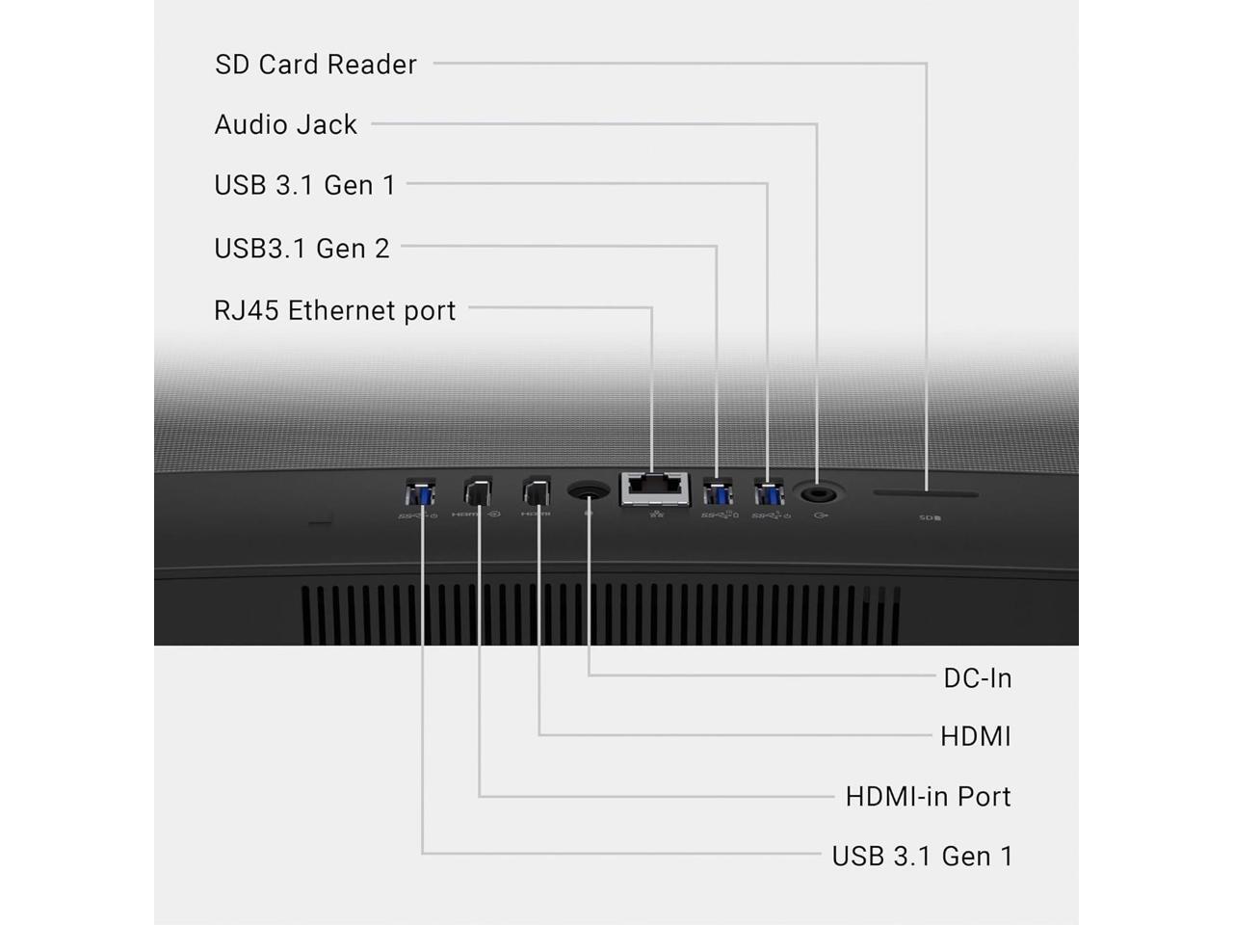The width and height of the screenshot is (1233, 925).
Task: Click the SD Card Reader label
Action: (x=315, y=65)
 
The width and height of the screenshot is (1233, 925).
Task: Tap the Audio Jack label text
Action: (x=285, y=125)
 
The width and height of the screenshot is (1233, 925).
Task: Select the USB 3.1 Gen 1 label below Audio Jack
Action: (x=304, y=185)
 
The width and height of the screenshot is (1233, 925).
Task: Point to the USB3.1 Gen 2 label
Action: (x=302, y=249)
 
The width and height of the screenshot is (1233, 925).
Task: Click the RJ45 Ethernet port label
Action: (x=334, y=310)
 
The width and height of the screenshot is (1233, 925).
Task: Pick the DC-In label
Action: (x=977, y=678)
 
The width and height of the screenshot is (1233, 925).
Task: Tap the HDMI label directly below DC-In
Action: (x=975, y=737)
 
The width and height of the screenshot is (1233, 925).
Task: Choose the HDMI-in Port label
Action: (x=928, y=797)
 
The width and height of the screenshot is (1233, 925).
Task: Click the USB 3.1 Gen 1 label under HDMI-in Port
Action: (x=922, y=857)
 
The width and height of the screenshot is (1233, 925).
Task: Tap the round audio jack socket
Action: (x=818, y=493)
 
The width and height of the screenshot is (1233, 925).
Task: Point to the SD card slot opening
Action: (x=926, y=494)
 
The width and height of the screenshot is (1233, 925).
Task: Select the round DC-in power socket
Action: (x=589, y=491)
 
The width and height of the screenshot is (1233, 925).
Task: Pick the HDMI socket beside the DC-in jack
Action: (x=537, y=492)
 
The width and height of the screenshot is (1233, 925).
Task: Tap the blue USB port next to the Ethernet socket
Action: (x=717, y=492)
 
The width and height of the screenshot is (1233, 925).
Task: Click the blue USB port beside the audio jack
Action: (x=768, y=493)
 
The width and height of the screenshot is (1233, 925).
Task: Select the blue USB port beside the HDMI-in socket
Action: (x=421, y=492)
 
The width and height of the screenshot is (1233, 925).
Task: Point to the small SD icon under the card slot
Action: (x=929, y=518)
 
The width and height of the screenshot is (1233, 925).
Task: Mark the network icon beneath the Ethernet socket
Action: (x=657, y=514)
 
